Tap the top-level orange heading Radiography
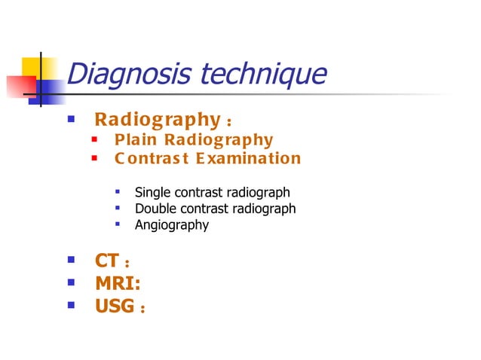point(156,120)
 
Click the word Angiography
point(171,224)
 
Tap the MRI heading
point(117,284)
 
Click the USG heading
point(114,306)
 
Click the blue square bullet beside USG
point(71,305)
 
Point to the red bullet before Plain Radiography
point(95,140)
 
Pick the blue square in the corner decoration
point(50,90)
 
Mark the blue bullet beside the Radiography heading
point(71,119)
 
